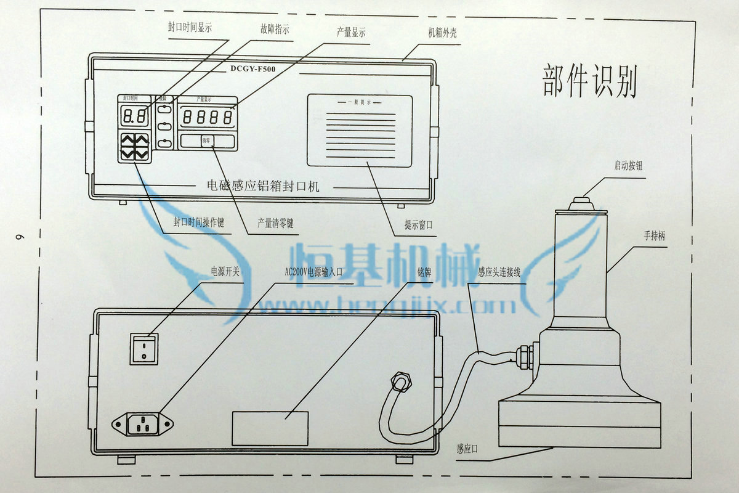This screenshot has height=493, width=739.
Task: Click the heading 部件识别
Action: pos(589,81)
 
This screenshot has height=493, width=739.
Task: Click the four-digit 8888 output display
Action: pos(208,117)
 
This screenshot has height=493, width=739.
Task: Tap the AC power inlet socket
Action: pos(143,423)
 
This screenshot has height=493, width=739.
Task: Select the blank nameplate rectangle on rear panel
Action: pos(270,428)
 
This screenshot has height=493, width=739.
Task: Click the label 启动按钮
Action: pos(628,166)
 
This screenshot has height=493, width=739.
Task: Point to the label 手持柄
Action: pos(655,235)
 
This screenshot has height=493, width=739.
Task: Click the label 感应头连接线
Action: pos(499,272)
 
